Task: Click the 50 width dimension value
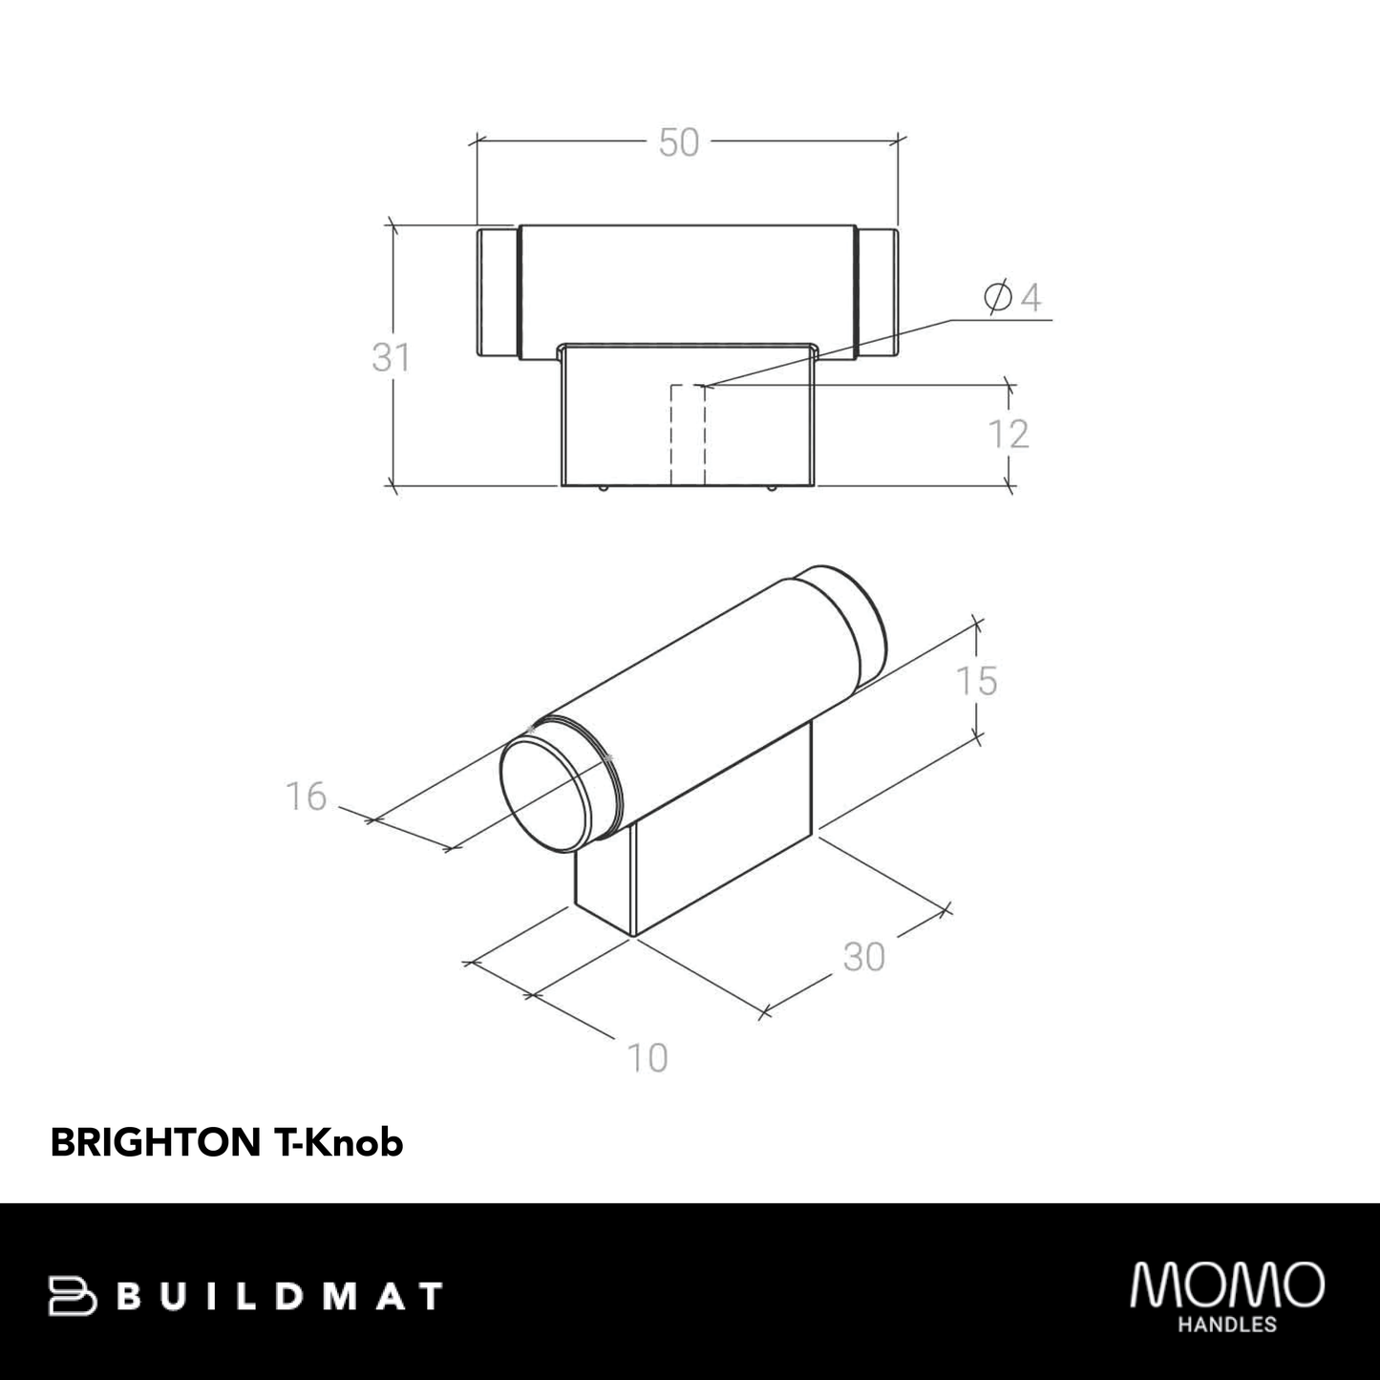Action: (679, 143)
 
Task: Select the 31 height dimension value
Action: (391, 358)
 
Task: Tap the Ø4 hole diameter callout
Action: (1011, 298)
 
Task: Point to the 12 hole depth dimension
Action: (1008, 435)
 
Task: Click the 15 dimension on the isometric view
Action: (976, 681)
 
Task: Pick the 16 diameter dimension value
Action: (307, 796)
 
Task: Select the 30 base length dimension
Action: (864, 957)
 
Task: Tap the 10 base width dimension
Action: (647, 1058)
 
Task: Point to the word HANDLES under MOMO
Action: (1227, 1325)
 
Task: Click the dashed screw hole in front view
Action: (688, 435)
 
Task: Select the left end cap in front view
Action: (497, 292)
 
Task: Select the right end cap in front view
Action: (877, 292)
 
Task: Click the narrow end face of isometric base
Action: (604, 883)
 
